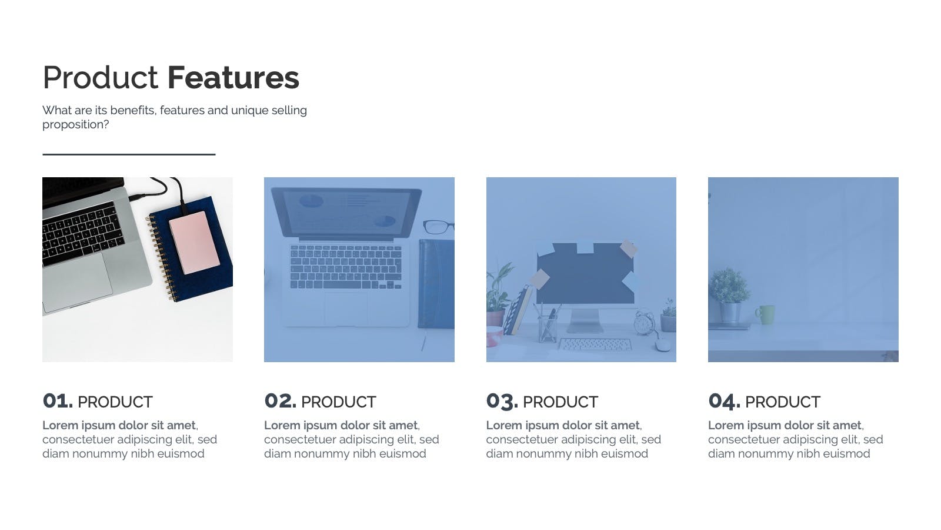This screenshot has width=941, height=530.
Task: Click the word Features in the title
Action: (233, 78)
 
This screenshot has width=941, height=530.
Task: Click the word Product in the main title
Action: (101, 78)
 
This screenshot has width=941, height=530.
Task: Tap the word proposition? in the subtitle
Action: (76, 125)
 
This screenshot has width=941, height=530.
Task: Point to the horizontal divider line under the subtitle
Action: (129, 154)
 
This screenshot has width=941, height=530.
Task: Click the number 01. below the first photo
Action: (58, 401)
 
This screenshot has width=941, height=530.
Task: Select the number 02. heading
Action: (280, 401)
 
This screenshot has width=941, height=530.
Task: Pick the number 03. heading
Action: (502, 401)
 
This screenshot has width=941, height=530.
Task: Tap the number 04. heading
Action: (724, 401)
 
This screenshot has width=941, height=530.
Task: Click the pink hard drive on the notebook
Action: (194, 242)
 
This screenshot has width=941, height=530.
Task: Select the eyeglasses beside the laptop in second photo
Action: (438, 227)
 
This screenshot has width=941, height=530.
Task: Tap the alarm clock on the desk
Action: (644, 323)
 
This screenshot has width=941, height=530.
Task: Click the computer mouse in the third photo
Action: (662, 345)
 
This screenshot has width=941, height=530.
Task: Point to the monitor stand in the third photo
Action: (585, 320)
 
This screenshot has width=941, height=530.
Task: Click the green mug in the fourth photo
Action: (766, 314)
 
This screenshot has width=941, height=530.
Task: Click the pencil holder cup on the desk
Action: (548, 329)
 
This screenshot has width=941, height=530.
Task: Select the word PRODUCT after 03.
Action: (560, 402)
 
